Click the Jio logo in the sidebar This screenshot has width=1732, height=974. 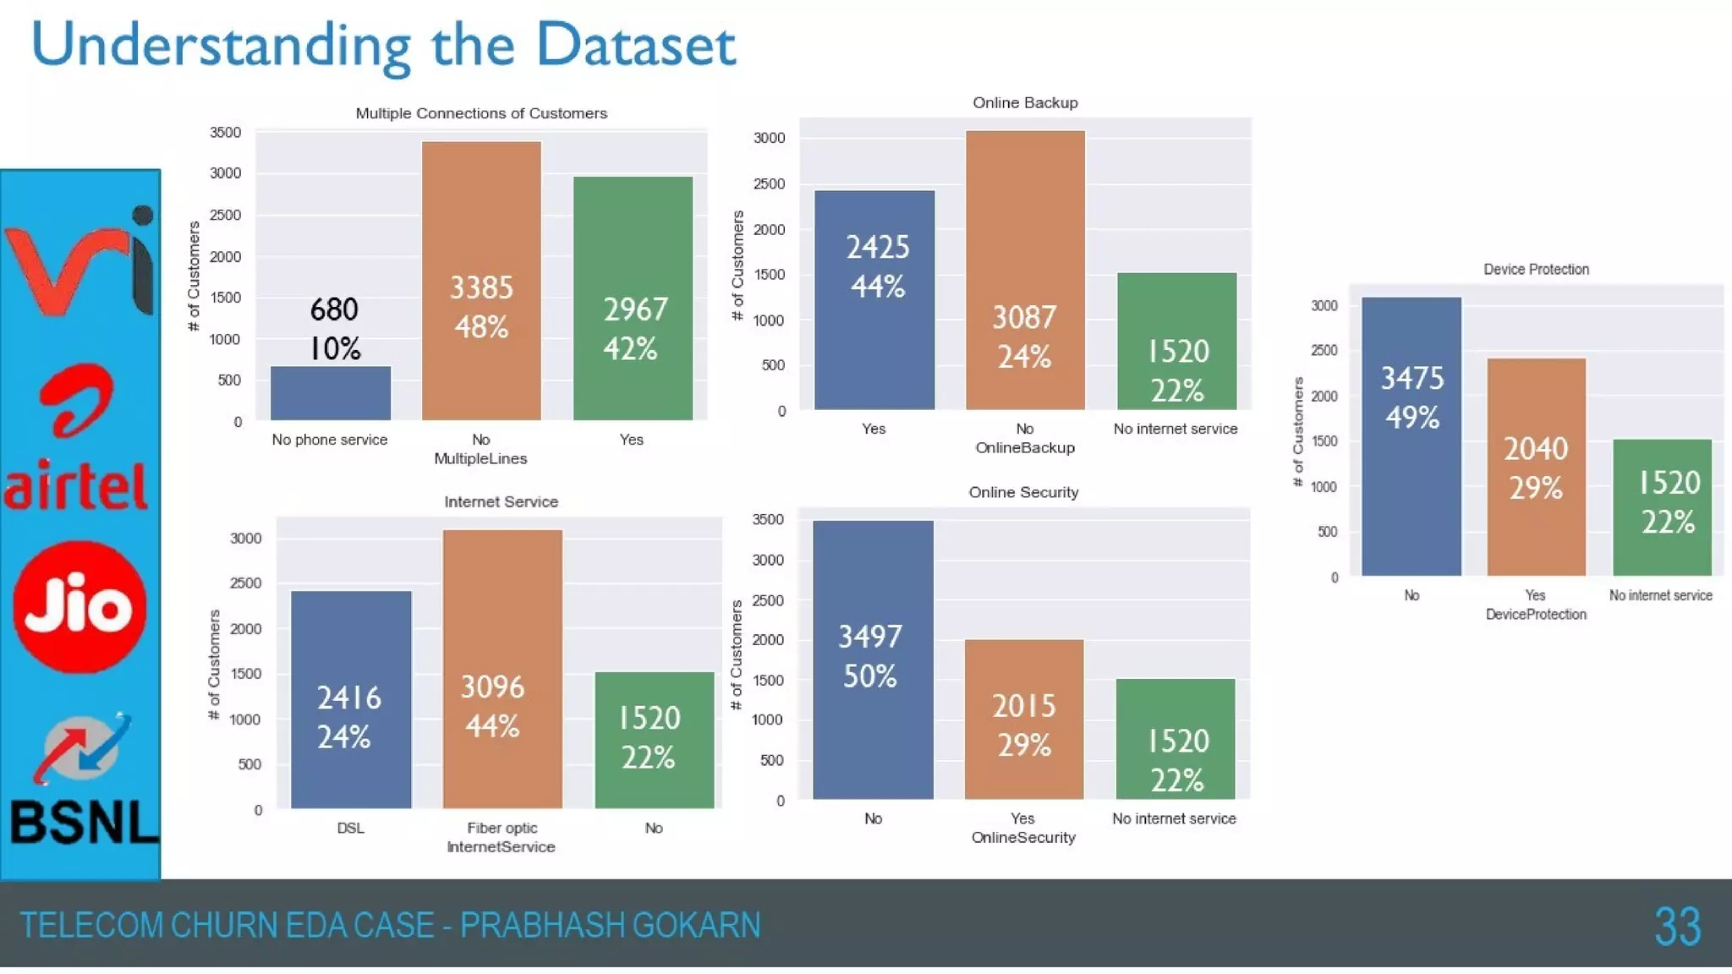pyautogui.click(x=79, y=607)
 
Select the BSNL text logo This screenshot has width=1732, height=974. pyautogui.click(x=83, y=822)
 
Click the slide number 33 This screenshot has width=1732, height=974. pyautogui.click(x=1677, y=927)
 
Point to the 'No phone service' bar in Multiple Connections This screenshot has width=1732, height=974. pyautogui.click(x=331, y=393)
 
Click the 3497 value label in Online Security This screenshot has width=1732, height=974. pyautogui.click(x=870, y=637)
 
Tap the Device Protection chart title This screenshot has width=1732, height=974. pyautogui.click(x=1536, y=269)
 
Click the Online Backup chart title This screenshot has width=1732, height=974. pyautogui.click(x=1025, y=103)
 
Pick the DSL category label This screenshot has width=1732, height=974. pyautogui.click(x=350, y=828)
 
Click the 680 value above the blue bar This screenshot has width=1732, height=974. pyautogui.click(x=334, y=309)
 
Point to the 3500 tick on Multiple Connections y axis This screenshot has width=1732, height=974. pyautogui.click(x=225, y=133)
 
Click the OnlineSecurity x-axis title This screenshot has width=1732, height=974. pyautogui.click(x=1023, y=838)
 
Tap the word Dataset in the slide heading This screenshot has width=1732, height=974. pyautogui.click(x=636, y=45)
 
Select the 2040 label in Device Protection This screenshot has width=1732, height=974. pyautogui.click(x=1536, y=449)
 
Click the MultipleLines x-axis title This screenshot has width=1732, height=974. pyautogui.click(x=480, y=459)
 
